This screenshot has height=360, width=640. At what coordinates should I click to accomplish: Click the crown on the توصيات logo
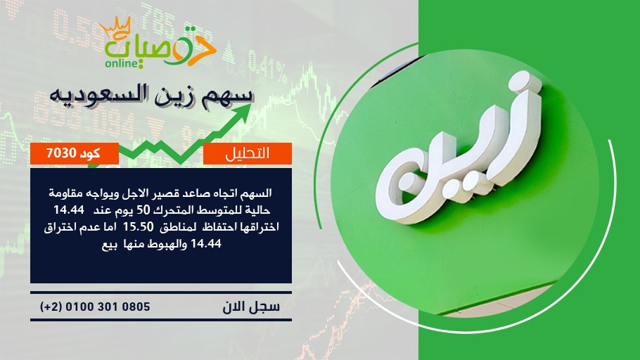[x=115, y=27]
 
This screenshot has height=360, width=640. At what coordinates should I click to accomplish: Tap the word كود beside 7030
[x=90, y=153]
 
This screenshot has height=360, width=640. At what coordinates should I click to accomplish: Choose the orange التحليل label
[x=248, y=153]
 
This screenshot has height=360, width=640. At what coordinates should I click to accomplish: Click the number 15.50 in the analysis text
[x=141, y=226]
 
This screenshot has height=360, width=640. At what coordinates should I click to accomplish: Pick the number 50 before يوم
[x=143, y=210]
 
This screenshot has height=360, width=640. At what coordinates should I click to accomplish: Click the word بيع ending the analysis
[x=110, y=245]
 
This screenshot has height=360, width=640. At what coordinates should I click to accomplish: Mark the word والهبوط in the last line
[x=165, y=244]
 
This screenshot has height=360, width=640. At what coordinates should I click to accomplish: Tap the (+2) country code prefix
[x=50, y=307]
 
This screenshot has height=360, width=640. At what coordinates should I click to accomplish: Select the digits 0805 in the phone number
[x=138, y=307]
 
